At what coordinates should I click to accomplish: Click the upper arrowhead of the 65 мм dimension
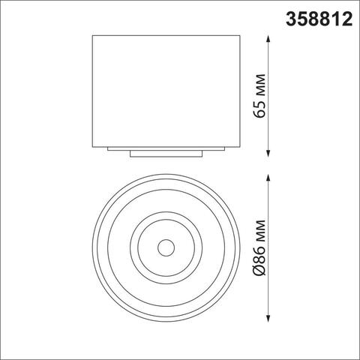(269, 37)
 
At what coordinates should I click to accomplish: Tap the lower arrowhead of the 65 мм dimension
(269, 152)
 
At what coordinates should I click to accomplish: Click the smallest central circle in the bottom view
(165, 247)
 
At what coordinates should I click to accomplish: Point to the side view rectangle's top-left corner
(91, 35)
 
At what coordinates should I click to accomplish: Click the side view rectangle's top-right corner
(239, 35)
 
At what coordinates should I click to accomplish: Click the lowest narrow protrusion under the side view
(165, 154)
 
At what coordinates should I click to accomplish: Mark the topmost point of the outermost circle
(165, 175)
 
